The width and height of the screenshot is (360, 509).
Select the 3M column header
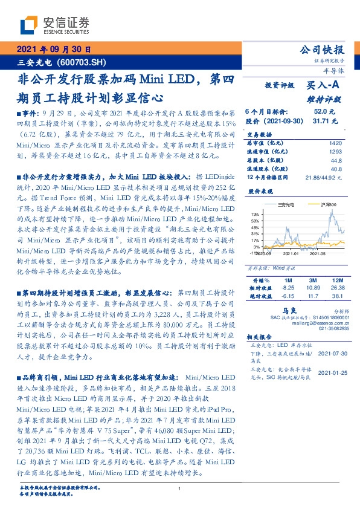click(313, 280)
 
